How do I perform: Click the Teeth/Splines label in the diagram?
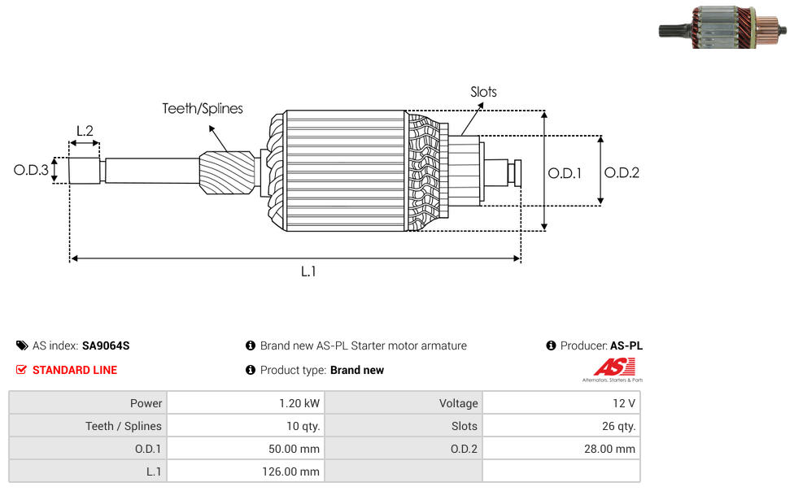point(202,108)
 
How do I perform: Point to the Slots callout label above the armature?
point(483,92)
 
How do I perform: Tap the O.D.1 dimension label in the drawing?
point(565,172)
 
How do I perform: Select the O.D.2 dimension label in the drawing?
point(622,172)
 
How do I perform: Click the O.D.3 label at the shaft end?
point(31,171)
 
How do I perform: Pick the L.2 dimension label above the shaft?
point(85,130)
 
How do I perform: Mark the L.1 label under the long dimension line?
point(308,272)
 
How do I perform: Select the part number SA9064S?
point(106,345)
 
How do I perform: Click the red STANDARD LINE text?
point(75,370)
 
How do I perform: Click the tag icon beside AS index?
point(22,345)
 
